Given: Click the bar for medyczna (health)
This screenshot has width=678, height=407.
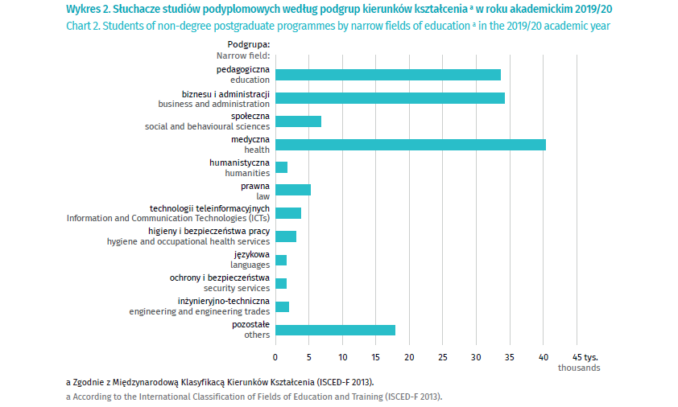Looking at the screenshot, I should click(x=411, y=145).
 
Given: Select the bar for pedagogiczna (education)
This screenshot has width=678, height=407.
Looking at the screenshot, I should click(x=388, y=75).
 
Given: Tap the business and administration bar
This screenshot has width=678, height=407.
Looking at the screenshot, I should click(x=390, y=98).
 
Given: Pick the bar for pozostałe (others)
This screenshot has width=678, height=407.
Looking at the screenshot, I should click(x=335, y=330).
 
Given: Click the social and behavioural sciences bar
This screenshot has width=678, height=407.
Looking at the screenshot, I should click(x=298, y=121).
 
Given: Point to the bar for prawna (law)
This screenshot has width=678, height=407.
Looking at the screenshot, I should click(x=293, y=191).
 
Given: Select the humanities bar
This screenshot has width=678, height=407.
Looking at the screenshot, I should click(x=282, y=167).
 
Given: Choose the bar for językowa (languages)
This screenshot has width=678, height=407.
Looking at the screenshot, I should click(x=281, y=260).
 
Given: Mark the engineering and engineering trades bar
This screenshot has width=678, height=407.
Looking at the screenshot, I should click(x=282, y=306).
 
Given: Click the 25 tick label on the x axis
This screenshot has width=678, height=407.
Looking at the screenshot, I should click(x=442, y=356).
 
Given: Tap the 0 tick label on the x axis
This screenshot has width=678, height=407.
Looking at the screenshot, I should click(x=275, y=356).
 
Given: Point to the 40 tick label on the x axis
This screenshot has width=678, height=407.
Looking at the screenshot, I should click(x=542, y=356).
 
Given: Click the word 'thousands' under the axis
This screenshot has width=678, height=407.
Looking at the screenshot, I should click(x=579, y=368).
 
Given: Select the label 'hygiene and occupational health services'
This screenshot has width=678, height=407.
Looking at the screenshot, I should click(x=188, y=241).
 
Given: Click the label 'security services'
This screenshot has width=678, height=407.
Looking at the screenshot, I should click(x=237, y=288).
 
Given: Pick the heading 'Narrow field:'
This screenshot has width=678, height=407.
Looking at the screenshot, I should click(x=242, y=56).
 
